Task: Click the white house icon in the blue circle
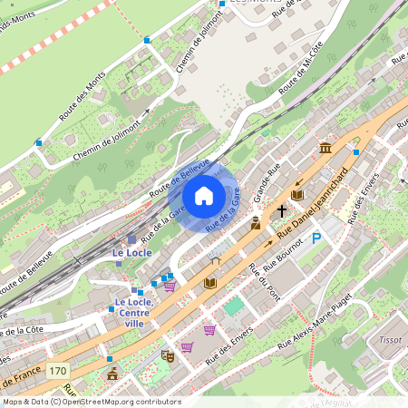204,196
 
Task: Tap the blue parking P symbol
316,238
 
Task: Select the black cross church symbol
281,211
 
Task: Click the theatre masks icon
167,355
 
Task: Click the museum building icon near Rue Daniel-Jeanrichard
325,148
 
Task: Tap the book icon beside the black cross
297,195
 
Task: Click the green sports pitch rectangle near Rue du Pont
234,306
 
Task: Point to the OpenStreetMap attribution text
91,402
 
